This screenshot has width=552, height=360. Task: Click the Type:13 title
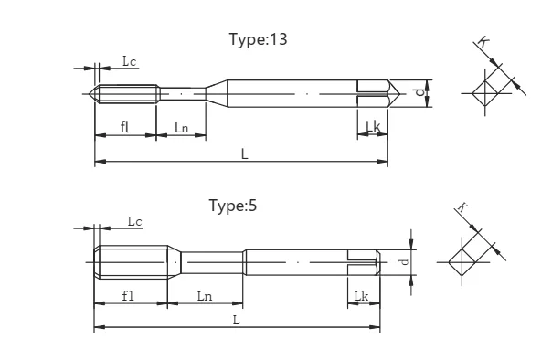[258, 39]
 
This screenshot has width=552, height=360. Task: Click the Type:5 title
[233, 206]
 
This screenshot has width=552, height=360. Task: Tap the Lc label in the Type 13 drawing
[129, 61]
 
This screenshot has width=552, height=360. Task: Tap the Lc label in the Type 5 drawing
[134, 221]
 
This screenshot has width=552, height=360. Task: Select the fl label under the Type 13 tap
[124, 127]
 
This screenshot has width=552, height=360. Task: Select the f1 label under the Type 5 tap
[128, 296]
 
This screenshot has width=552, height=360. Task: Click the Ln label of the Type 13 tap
[181, 127]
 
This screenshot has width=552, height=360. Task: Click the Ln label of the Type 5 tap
[205, 296]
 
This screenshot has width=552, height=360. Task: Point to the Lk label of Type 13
[373, 126]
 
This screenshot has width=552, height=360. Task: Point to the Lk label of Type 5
[361, 296]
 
